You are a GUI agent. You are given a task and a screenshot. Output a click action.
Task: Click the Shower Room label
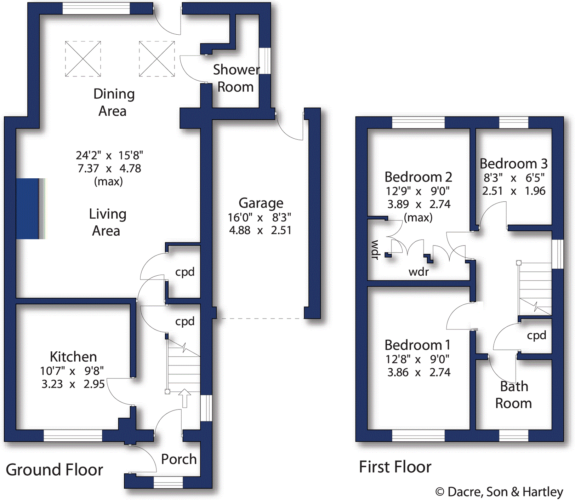[235, 78]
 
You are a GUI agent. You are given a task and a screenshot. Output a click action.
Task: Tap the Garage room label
[261, 203]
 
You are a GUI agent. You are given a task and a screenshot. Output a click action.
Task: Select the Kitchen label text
[73, 357]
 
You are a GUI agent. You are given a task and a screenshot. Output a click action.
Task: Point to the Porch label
[179, 459]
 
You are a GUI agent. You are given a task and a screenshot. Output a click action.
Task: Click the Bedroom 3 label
[513, 164]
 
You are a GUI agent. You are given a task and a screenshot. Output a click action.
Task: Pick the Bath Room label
[513, 395]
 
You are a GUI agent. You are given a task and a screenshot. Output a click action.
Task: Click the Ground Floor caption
[55, 470]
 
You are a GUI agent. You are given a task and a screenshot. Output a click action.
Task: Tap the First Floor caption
[395, 467]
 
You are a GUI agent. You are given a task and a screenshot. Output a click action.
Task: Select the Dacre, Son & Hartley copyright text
[499, 492]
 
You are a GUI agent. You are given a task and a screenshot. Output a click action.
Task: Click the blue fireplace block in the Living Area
[27, 209]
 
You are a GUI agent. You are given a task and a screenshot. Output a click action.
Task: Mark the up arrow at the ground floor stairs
[184, 398]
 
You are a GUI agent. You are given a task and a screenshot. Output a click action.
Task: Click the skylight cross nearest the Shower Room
[157, 59]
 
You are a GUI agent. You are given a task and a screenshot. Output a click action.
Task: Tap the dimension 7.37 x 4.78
[109, 168]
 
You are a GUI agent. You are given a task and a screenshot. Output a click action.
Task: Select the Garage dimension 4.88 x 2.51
[260, 230]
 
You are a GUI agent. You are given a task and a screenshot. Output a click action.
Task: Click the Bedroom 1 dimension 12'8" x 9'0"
[417, 360]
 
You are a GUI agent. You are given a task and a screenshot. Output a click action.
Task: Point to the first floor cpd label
[536, 335]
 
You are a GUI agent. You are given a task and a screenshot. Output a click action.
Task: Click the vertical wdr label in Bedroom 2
[375, 249]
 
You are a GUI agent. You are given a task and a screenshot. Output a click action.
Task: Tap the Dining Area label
[113, 103]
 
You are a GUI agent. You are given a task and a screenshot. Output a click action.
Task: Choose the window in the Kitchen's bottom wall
[73, 436]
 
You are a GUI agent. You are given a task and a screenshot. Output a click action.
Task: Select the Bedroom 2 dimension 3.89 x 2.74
[419, 204]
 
